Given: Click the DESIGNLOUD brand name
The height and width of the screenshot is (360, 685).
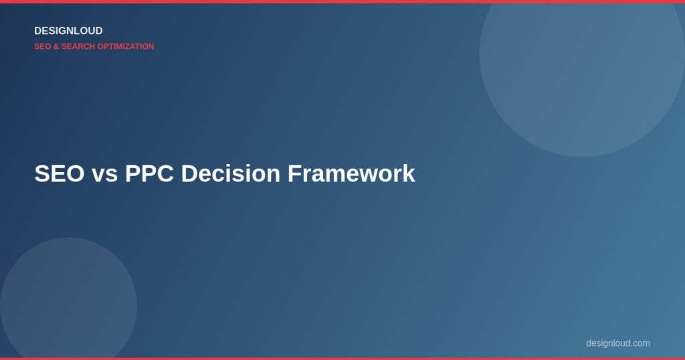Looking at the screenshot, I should click(x=68, y=31).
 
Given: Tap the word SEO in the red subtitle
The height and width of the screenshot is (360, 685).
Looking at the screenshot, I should click(x=42, y=47).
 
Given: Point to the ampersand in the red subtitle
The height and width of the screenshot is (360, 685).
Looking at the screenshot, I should click(x=56, y=47).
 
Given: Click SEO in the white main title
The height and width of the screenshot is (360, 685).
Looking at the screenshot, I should click(x=59, y=174).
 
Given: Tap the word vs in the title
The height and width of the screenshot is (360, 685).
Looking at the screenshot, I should click(x=104, y=174).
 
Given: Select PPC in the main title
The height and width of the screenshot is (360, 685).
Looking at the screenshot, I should click(x=150, y=174).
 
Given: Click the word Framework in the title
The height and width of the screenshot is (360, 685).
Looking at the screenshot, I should click(x=351, y=174).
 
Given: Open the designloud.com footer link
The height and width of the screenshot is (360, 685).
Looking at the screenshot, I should click(x=617, y=343).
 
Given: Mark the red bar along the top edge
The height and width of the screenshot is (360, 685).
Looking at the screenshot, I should click(x=342, y=1).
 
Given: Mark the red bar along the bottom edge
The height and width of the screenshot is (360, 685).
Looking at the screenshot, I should click(x=342, y=358).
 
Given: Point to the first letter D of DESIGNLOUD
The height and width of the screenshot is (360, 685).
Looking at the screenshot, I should click(x=38, y=31).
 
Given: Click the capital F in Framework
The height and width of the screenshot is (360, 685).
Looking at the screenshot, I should click(x=294, y=174).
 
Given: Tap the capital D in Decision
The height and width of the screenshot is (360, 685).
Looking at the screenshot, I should click(x=189, y=174).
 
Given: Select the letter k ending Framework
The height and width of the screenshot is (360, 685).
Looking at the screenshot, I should click(x=409, y=174).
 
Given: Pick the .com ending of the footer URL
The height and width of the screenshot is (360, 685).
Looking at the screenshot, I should click(x=640, y=343).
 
